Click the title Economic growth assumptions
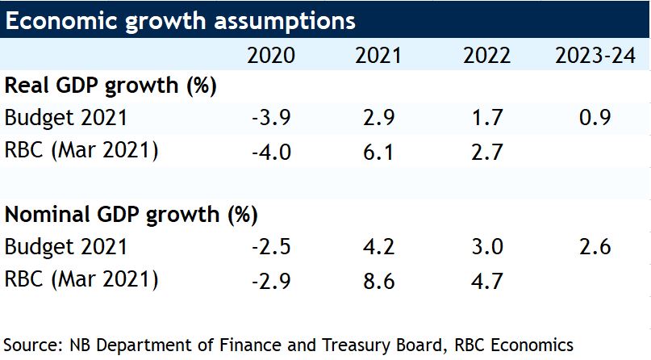pos(179,20)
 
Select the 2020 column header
pos(271,57)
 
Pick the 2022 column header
pos(487,57)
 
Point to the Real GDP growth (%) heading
pos(112,86)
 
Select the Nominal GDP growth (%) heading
pos(131,216)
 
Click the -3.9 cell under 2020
pos(271,118)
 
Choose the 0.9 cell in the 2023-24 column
pos(595,118)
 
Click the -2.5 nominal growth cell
pos(271,248)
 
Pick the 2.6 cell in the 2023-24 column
pos(595,248)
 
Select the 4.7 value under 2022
pos(487,280)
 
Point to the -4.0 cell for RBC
pos(271,150)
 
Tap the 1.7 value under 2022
pos(487,118)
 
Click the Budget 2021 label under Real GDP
pos(65,118)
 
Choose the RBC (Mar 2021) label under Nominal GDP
pos(81,280)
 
